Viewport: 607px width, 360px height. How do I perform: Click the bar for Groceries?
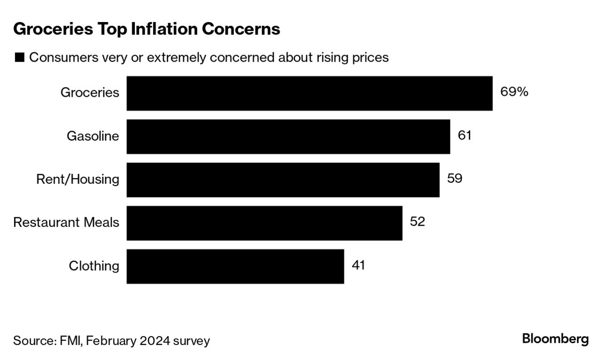[x=309, y=93]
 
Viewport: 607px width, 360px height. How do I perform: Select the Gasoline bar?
[x=288, y=136]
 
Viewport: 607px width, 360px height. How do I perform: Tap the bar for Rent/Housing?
[x=283, y=180]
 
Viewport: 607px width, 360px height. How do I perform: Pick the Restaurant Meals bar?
[x=264, y=223]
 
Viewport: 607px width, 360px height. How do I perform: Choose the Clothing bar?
[x=235, y=266]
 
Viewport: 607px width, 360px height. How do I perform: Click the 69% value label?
[x=514, y=92]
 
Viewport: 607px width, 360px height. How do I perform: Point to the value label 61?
[x=464, y=136]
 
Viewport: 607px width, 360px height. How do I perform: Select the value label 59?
[x=454, y=179]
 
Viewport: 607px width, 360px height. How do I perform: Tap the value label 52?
[x=417, y=222]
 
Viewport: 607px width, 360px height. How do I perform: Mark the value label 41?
[x=358, y=265]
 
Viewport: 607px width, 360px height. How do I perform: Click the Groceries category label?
[x=90, y=93]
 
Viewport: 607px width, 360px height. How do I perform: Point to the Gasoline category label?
[x=93, y=136]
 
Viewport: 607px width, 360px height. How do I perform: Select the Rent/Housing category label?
[x=78, y=180]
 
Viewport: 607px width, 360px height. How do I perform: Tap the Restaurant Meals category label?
[x=66, y=222]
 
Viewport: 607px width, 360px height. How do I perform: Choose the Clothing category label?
[x=94, y=266]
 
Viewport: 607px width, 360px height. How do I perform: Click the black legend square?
[x=19, y=58]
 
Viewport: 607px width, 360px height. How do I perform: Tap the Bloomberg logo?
[x=555, y=339]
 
